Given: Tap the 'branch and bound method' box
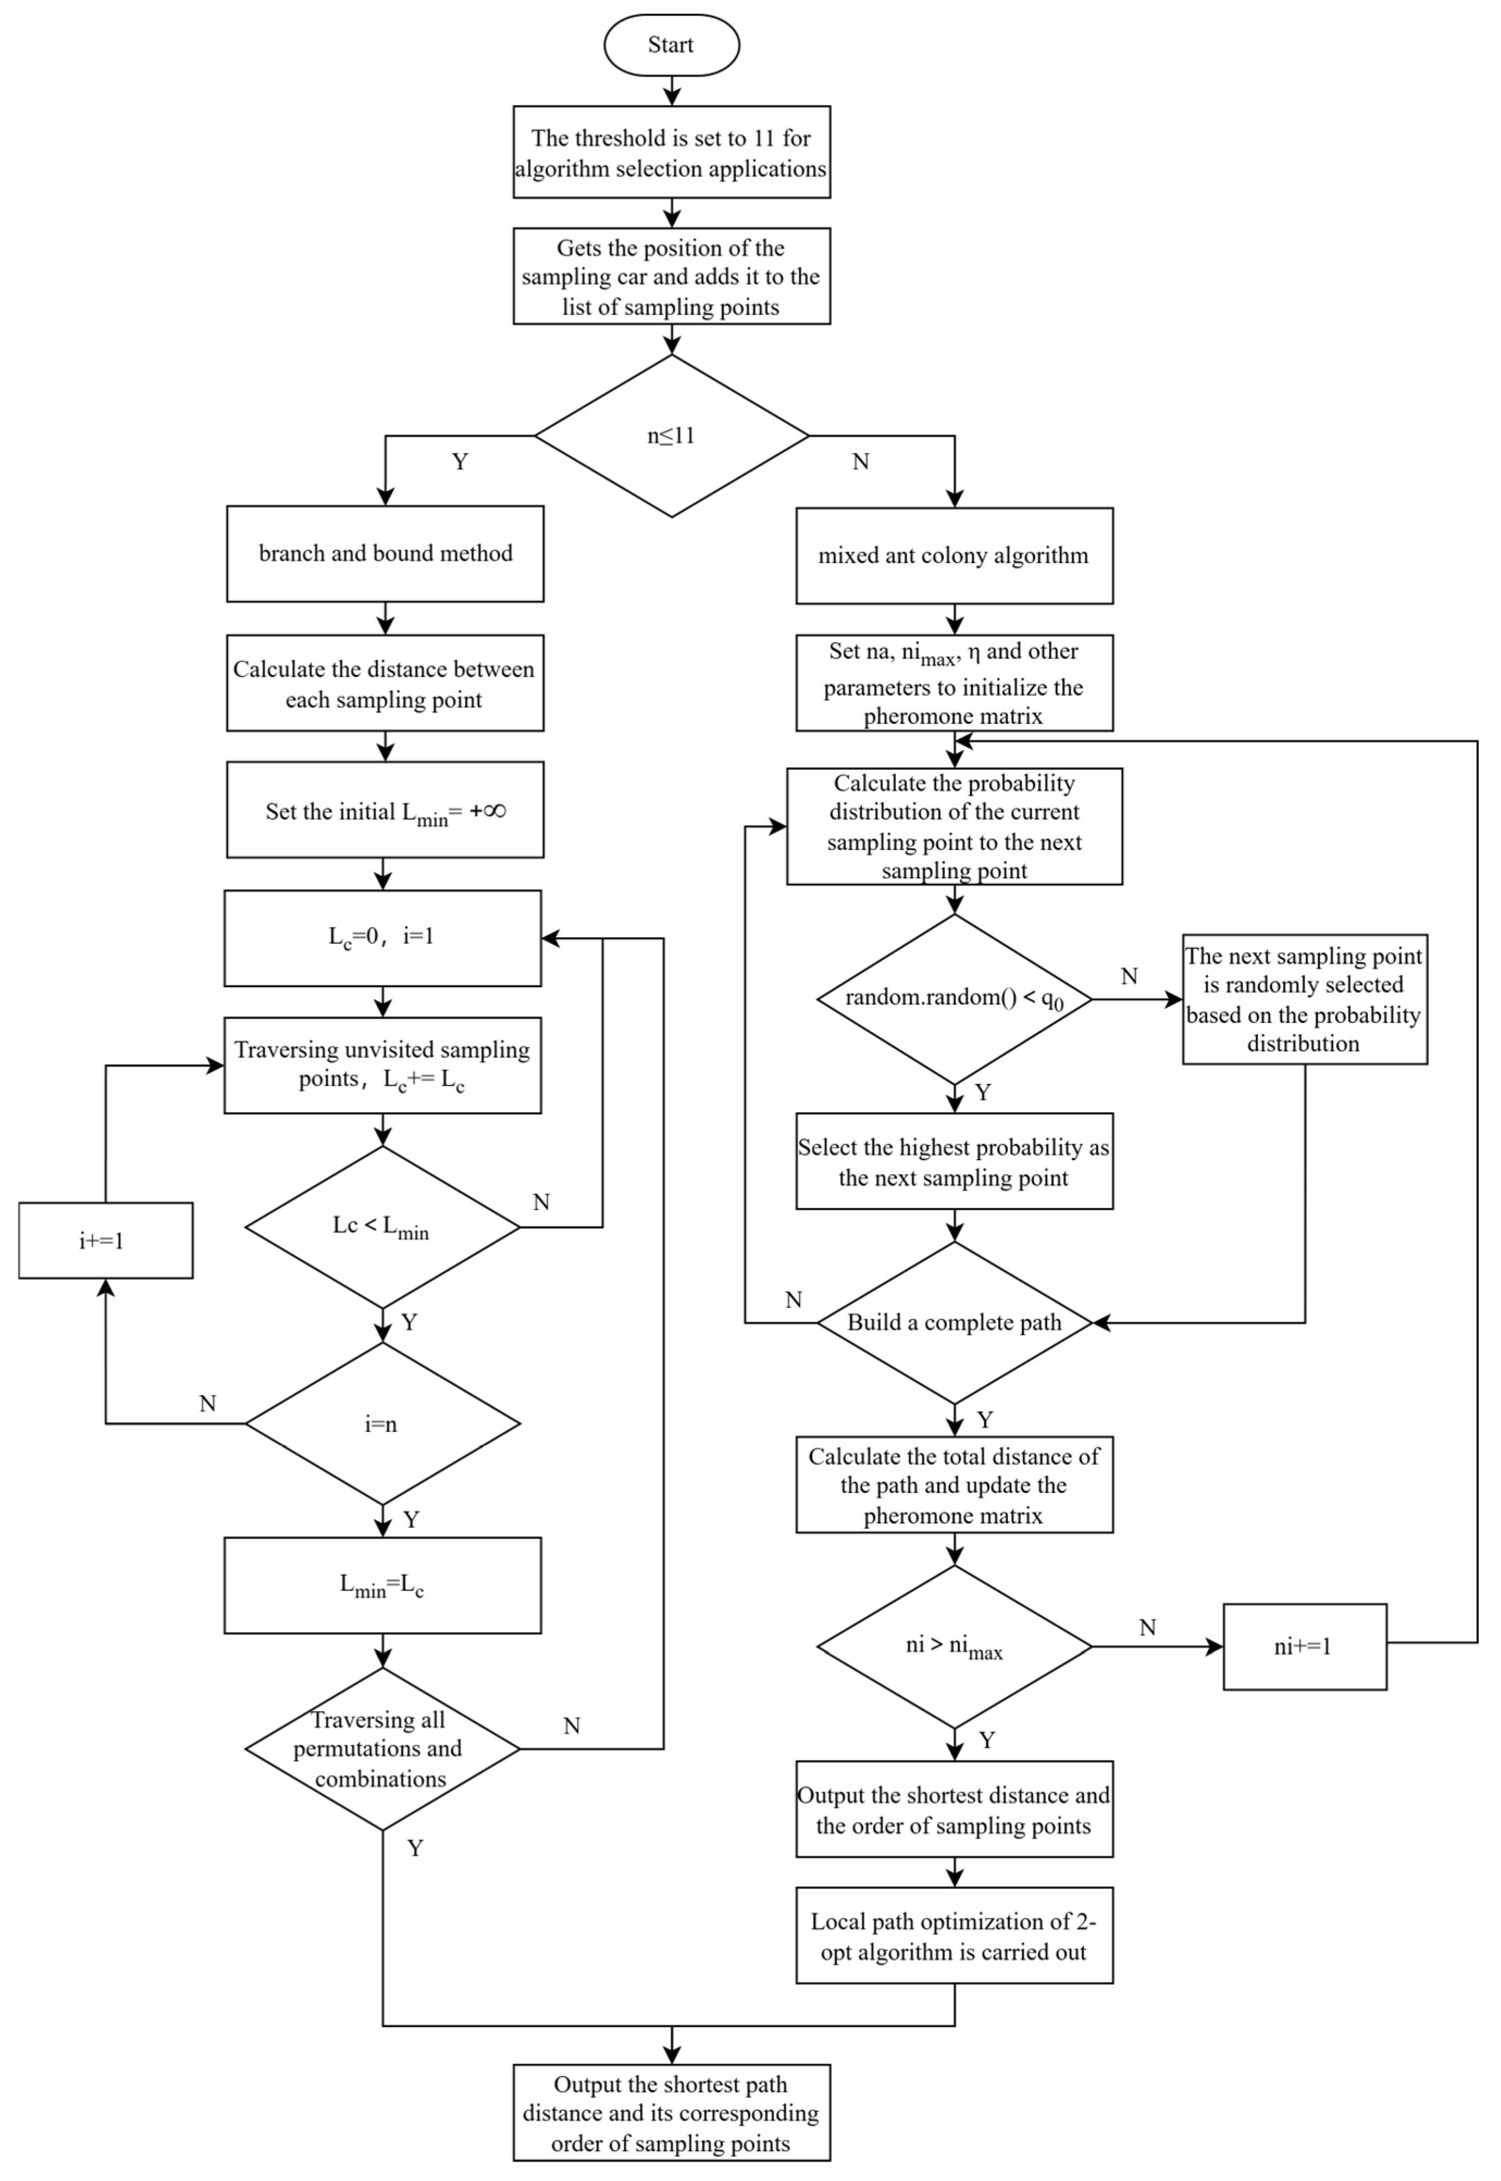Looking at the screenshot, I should [385, 554].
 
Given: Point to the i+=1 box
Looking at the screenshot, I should [105, 1240].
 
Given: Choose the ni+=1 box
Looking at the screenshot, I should [1304, 1646].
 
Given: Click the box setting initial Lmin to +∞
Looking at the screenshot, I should [385, 810].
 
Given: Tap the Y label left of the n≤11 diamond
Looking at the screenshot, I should [460, 462].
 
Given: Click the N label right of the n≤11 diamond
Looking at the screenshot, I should [861, 462].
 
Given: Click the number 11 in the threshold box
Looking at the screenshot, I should [764, 138].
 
